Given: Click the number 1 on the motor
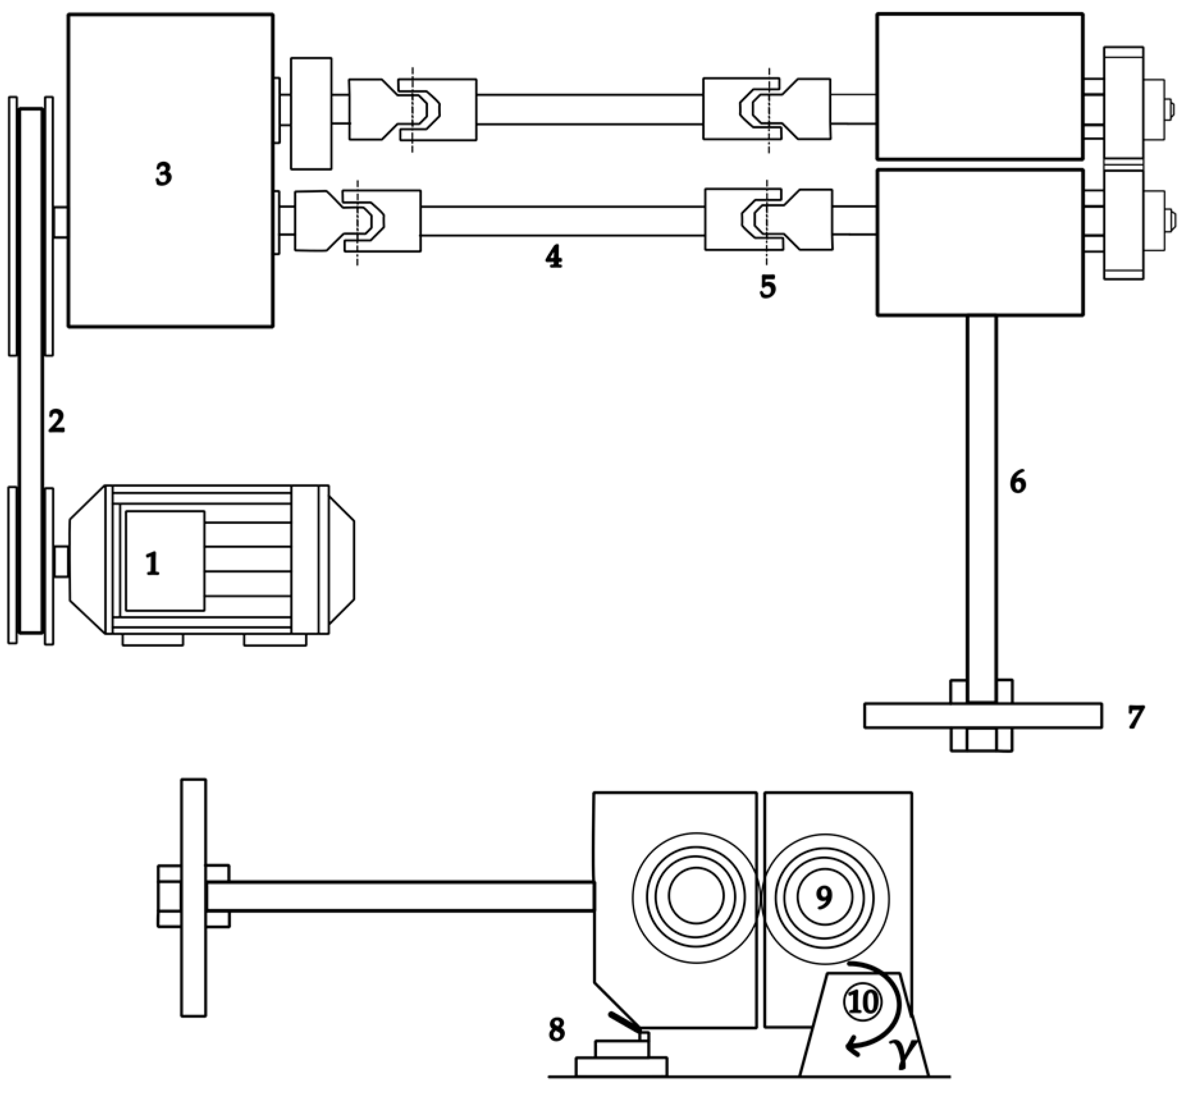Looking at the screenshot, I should pos(152,564).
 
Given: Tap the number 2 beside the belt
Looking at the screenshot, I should pos(56,421).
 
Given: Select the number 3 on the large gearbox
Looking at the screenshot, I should pos(164,173).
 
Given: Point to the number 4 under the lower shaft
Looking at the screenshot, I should pos(554,257).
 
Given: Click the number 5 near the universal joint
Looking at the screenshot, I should pos(767,286).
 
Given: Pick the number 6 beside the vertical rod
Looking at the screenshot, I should pos(1017,482).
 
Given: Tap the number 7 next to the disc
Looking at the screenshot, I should pos(1135,717).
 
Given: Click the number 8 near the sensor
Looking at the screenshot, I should pos(557,1030).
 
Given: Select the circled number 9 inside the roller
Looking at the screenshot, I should pos(824,897).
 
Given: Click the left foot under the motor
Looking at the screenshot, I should pos(152,639).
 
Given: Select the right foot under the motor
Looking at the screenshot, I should pos(275,639).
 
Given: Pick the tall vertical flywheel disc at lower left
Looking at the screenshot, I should pos(193,897).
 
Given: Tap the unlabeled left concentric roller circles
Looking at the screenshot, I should pos(697,897).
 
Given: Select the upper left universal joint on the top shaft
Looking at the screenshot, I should pos(413,109).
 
